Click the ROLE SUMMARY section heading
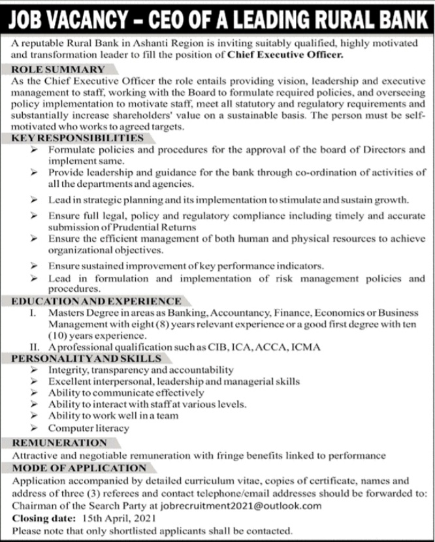58,69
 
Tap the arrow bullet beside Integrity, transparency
35,370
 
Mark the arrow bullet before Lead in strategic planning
35,200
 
